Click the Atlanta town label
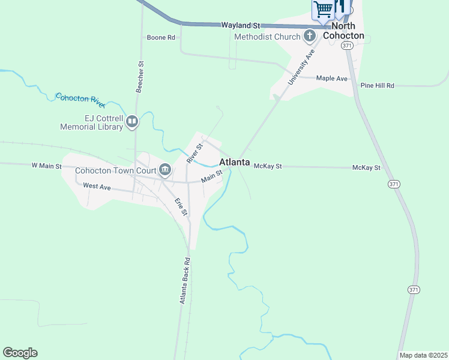click(235, 162)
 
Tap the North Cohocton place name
click(344, 31)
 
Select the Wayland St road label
click(240, 26)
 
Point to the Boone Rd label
click(161, 37)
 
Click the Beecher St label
click(140, 76)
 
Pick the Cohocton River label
click(80, 100)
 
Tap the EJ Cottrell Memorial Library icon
click(132, 122)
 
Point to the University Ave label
click(303, 67)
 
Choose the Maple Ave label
click(332, 79)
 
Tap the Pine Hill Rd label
click(377, 86)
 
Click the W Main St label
click(47, 165)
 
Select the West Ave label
click(97, 187)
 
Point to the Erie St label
click(181, 207)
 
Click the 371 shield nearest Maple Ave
click(346, 46)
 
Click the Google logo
click(20, 353)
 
